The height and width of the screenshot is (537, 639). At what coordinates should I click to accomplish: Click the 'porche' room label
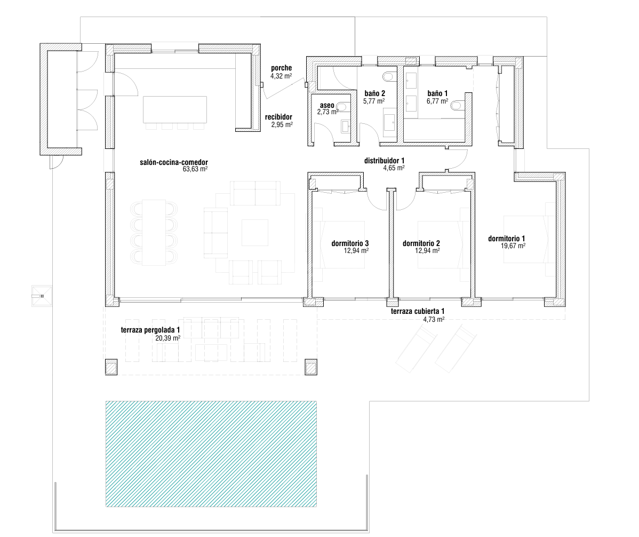281,68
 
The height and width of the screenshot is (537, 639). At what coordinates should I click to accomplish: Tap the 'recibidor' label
278,117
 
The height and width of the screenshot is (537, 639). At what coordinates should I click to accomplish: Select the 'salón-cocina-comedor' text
173,162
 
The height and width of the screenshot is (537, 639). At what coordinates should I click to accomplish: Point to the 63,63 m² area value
195,169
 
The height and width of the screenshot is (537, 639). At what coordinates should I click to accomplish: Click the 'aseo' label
328,106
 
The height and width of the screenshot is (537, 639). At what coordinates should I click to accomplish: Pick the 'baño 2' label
374,94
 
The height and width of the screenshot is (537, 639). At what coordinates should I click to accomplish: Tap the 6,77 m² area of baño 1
437,101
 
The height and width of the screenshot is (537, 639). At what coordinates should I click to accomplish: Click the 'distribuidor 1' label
384,161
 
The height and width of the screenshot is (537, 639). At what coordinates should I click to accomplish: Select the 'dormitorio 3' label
350,243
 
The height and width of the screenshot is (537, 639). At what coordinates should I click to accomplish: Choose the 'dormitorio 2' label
421,243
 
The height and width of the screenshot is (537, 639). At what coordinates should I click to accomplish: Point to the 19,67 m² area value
513,246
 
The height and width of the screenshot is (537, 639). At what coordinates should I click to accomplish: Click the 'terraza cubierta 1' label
418,312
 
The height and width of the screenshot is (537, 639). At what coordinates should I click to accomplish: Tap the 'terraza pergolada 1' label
150,330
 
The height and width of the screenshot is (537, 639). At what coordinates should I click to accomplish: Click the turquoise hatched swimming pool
211,454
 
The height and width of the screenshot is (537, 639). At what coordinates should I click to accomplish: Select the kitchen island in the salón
175,109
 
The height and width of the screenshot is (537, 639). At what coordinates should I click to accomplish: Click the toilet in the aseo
343,107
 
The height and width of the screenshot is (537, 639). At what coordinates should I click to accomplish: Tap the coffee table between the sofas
255,232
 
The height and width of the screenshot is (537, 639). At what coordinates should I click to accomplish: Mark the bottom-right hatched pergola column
311,367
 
